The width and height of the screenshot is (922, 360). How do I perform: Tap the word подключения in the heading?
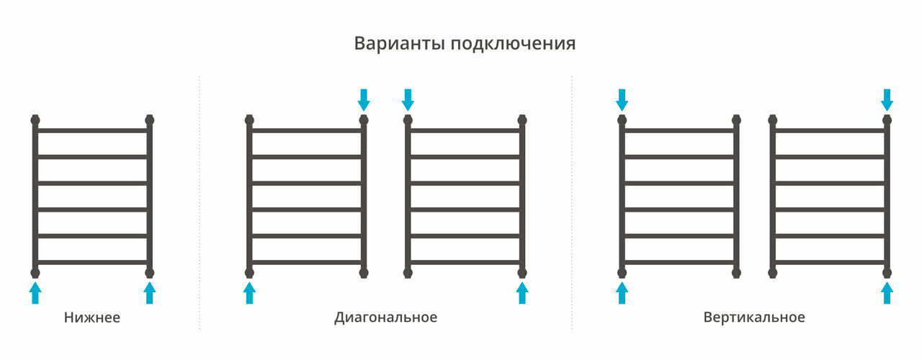513,44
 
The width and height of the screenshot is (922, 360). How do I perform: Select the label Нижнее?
92,318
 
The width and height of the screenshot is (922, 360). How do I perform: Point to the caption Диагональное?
385,318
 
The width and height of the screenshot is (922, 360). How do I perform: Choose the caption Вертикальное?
754,318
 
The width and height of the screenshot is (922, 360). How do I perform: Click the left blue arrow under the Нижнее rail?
35,292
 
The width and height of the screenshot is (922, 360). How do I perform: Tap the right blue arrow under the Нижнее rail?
149,292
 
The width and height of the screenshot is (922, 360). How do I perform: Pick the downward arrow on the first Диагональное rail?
364,99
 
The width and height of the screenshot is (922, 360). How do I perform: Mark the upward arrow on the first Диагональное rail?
249,292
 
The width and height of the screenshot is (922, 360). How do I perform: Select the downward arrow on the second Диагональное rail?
408,99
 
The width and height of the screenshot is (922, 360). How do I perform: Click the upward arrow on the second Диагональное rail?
522,292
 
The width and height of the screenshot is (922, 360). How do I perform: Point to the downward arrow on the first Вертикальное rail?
622,99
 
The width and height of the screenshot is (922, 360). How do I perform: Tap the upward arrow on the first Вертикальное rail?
622,292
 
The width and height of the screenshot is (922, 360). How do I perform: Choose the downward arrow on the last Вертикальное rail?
887,99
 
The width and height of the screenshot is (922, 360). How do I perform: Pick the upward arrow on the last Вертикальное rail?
887,292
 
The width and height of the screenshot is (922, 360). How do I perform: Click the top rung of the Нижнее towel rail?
92,130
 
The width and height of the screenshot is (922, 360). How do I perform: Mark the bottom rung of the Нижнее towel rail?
92,262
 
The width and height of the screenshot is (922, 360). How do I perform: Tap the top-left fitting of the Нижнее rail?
35,120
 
